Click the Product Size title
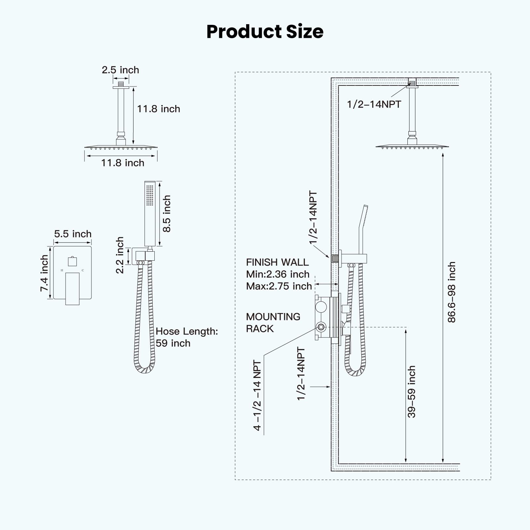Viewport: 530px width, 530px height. pos(265,32)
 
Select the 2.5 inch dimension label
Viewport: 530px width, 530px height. pos(120,70)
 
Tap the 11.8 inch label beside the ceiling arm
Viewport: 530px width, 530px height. pos(158,109)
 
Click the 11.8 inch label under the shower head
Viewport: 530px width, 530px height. pos(123,163)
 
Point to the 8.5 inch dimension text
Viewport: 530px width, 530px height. pos(167,214)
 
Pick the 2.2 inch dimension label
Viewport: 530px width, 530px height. pos(120,255)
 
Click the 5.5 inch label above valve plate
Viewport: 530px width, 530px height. pos(73,234)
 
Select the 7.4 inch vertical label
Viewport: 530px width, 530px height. pos(44,273)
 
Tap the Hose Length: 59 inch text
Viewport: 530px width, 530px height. pos(186,337)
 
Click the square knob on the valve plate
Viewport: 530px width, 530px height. pos(72,261)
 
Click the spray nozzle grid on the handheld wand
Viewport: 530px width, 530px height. pos(150,195)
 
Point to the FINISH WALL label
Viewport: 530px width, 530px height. pos(277,262)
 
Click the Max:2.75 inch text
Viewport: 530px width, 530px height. pos(279,286)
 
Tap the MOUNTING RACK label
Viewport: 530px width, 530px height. pos(273,323)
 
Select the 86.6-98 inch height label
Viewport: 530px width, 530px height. pos(451,292)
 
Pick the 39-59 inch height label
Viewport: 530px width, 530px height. pos(411,392)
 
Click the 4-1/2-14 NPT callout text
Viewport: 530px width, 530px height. pos(257,396)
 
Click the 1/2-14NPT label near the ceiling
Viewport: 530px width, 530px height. pos(374,104)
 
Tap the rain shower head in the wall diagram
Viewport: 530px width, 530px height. pos(412,146)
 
